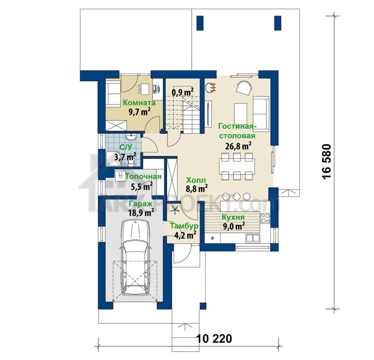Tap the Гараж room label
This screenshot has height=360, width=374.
click(141, 204)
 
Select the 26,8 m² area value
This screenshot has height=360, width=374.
click(238, 146)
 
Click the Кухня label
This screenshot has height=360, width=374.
click(233, 217)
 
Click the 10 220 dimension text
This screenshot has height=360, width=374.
click(214, 338)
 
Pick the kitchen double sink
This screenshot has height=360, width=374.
click(252, 238)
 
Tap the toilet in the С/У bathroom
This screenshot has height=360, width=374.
click(131, 162)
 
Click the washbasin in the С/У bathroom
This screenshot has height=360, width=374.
click(131, 137)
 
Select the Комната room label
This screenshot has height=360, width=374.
click(139, 103)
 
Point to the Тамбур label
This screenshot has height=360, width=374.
click(184, 226)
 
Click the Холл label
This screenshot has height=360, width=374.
click(196, 180)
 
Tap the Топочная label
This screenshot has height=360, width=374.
click(143, 177)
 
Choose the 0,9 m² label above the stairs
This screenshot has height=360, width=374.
click(183, 92)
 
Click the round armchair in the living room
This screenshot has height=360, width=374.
click(244, 88)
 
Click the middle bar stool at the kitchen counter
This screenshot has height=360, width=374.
click(236, 197)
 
